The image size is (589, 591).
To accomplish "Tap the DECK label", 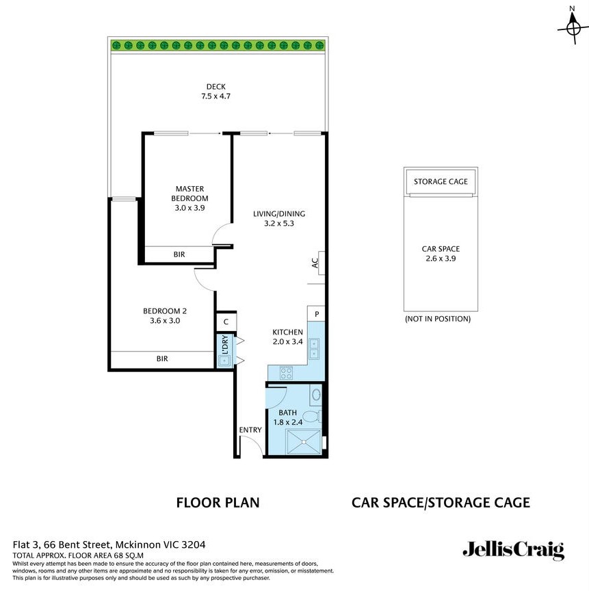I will [x=215, y=87].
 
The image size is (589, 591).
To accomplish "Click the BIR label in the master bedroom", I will [x=179, y=254].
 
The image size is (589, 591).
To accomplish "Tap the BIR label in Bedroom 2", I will [x=162, y=358].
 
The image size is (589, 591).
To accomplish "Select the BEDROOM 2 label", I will [x=164, y=311].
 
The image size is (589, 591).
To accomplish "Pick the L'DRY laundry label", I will [x=224, y=343].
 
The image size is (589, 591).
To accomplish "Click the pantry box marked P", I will [x=317, y=314].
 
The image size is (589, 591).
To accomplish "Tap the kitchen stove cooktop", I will [x=287, y=373].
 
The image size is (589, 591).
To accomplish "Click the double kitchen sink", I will [x=313, y=348].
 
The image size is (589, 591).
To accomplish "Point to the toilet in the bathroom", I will [x=311, y=416].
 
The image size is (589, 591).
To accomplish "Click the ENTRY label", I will [x=250, y=430].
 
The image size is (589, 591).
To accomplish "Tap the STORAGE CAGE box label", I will [x=441, y=181].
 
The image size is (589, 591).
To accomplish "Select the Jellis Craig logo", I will [x=513, y=550].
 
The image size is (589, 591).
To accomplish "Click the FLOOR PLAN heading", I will [x=218, y=503].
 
